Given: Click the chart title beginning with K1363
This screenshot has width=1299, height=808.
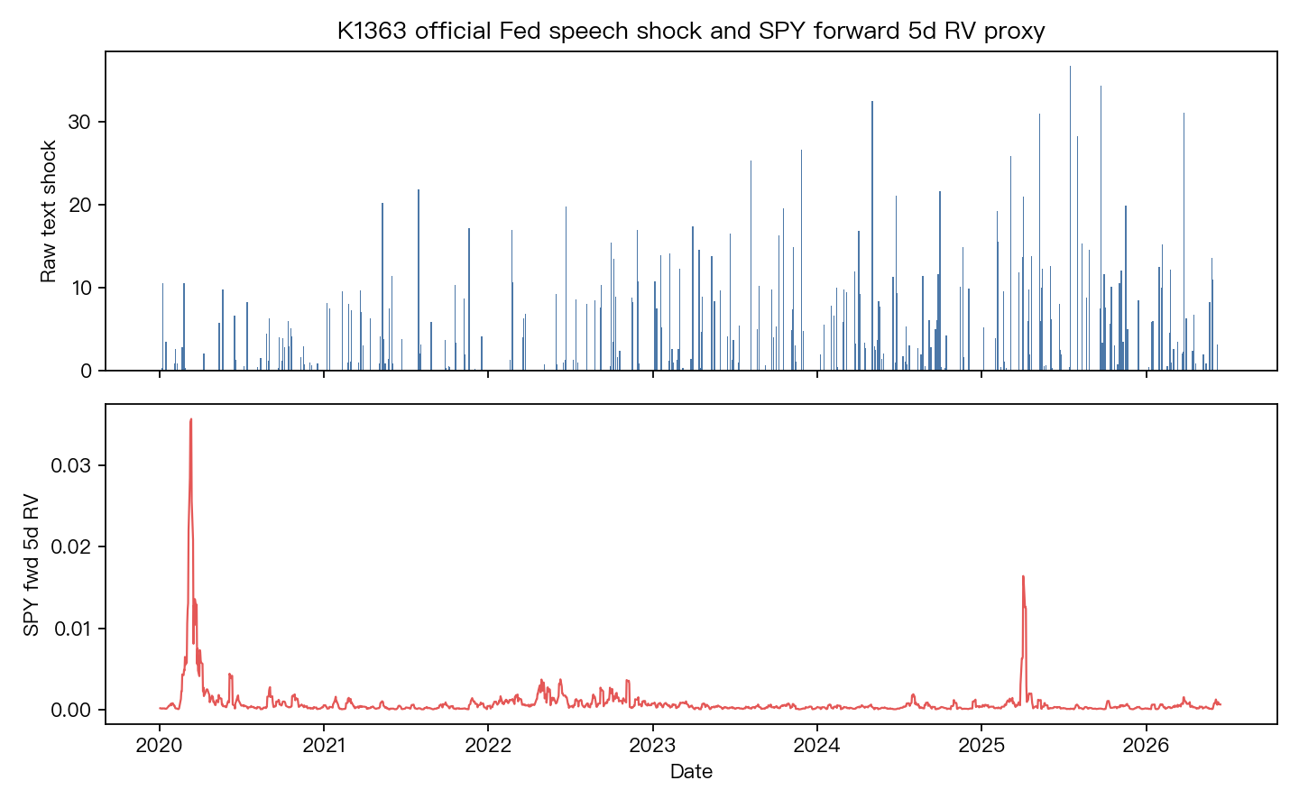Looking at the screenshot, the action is [x=691, y=31].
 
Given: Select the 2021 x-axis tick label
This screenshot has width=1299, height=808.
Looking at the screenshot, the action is [x=324, y=746].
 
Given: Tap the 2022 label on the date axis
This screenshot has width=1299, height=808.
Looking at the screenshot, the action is [x=488, y=746].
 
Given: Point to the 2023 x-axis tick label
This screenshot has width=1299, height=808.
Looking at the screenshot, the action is [x=653, y=746].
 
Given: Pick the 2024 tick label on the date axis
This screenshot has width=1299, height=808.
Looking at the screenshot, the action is [x=817, y=746].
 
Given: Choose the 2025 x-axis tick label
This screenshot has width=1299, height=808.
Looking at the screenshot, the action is [x=981, y=746].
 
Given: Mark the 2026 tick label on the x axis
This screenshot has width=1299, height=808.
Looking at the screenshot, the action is [x=1146, y=746].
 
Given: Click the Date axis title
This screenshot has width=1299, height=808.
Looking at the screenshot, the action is [x=691, y=772].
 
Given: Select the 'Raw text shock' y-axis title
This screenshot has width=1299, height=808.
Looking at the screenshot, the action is [x=48, y=211].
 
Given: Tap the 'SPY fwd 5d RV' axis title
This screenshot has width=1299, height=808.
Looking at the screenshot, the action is [x=31, y=565].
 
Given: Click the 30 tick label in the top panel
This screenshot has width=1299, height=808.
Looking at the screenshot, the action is [x=79, y=122].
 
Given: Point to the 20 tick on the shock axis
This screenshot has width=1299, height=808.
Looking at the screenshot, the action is [x=79, y=205].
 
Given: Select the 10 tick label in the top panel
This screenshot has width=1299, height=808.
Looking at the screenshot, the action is [x=80, y=288].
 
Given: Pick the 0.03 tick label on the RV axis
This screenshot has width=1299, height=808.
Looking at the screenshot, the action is [x=70, y=465].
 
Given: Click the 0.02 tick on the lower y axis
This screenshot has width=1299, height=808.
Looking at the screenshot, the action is [x=70, y=546].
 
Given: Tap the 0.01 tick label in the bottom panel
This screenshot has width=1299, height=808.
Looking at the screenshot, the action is [x=72, y=629].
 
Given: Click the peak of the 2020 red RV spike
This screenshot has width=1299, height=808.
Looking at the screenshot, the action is [x=191, y=419].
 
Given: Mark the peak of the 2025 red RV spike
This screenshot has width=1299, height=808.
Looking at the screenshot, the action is [x=1023, y=576].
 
